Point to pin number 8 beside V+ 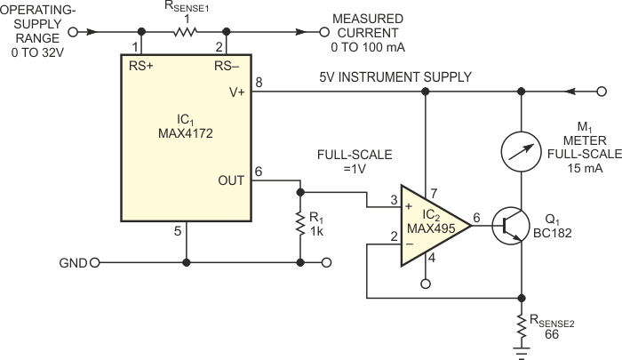pos(259,82)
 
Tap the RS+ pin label pos(142,64)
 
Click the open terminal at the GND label pos(95,263)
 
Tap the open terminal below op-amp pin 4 pos(425,284)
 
